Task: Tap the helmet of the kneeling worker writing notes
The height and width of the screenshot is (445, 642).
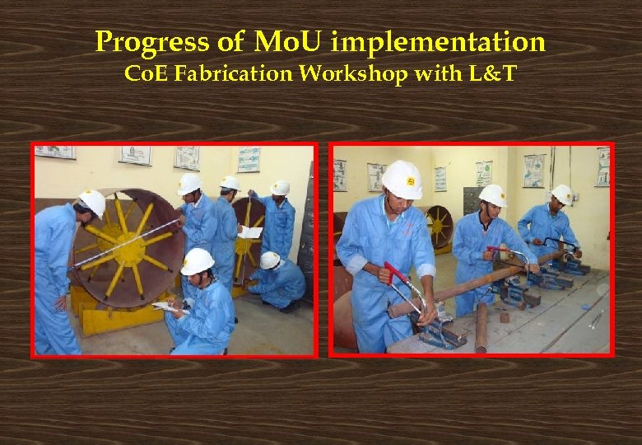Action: click(x=198, y=261)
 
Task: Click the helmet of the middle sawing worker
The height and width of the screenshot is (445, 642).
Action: click(x=493, y=195)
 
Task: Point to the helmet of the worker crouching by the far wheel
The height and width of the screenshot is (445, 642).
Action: click(x=270, y=260)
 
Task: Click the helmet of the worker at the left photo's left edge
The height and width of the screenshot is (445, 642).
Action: click(x=92, y=202)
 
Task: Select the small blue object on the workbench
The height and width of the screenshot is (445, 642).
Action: click(x=585, y=307)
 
